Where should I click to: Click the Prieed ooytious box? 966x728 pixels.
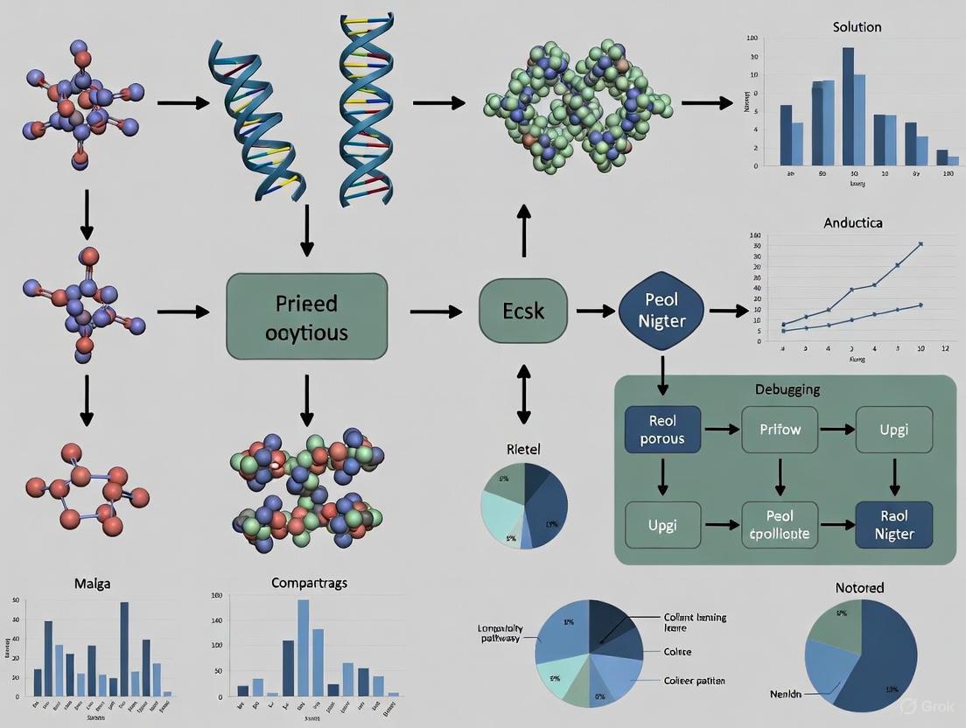coord(306,316)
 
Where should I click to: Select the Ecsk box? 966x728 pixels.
coord(523,311)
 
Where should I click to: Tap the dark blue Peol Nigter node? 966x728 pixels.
coord(662,311)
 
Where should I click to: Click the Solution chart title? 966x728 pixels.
coord(857,26)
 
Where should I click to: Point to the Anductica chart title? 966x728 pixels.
coord(853,222)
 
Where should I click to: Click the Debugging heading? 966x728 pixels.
coord(787,388)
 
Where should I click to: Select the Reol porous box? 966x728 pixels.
coord(662,429)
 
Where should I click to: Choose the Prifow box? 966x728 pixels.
coord(780,429)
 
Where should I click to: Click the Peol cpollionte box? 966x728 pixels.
coord(780,524)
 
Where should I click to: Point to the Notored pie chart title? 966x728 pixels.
coord(859,587)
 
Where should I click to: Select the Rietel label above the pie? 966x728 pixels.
coord(524,449)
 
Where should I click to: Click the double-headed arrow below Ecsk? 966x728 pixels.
coord(523,395)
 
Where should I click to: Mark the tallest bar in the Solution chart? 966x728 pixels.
coord(848,107)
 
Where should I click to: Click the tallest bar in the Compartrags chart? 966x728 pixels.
coord(304,647)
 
